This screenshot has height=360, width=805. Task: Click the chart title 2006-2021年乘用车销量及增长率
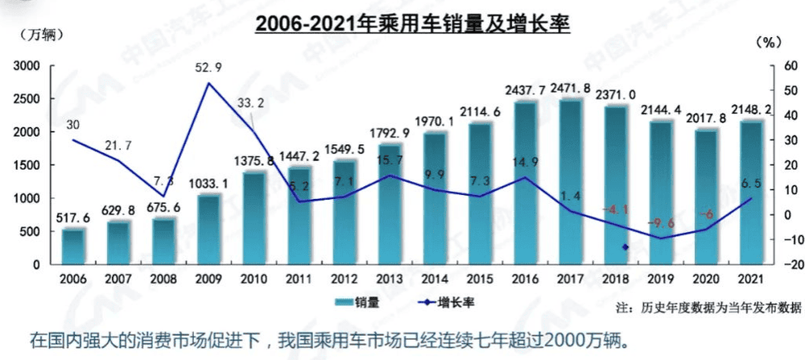411,25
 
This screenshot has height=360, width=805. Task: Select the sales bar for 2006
73,246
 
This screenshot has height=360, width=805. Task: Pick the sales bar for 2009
208,229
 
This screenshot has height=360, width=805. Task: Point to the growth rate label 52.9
208,67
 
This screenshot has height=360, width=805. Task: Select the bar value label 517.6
73,217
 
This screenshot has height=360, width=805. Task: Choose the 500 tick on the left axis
30,231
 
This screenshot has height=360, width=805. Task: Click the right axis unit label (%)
770,41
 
